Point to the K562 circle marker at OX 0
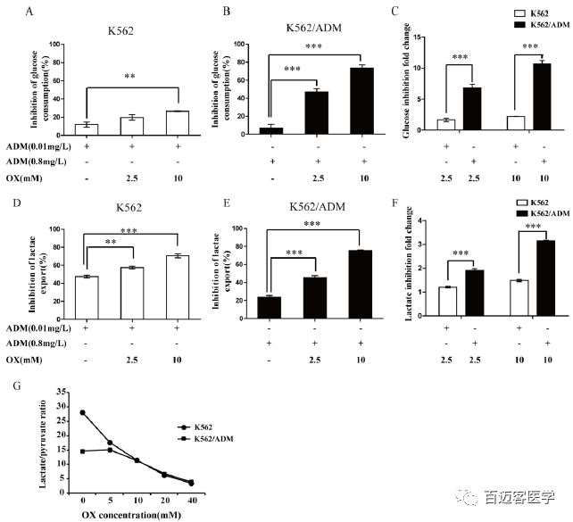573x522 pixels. tap(82, 412)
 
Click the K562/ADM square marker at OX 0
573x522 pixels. tap(82, 452)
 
